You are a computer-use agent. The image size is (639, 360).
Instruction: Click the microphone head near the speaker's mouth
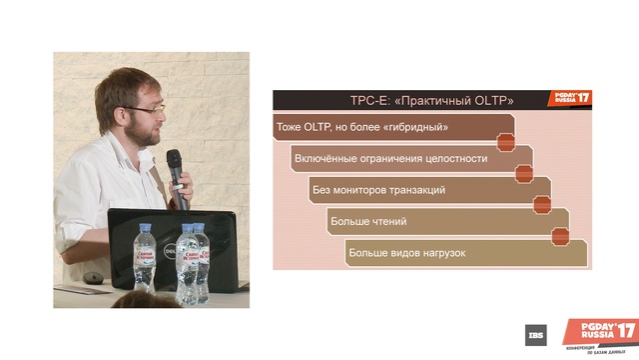coord(174,159)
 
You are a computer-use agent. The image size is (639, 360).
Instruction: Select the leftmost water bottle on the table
coord(144,256)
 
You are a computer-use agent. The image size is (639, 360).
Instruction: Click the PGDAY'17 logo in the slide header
coord(571,99)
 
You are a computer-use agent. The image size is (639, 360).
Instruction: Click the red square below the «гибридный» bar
coord(506,143)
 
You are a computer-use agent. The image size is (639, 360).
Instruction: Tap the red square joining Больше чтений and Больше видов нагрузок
coord(561,236)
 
